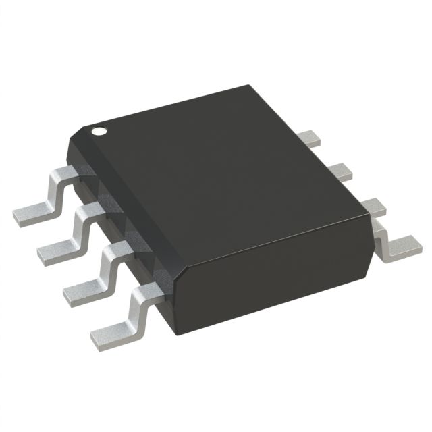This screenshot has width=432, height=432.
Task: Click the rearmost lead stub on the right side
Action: click(x=312, y=138)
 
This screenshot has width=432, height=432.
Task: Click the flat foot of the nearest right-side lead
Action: click(x=404, y=246)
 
